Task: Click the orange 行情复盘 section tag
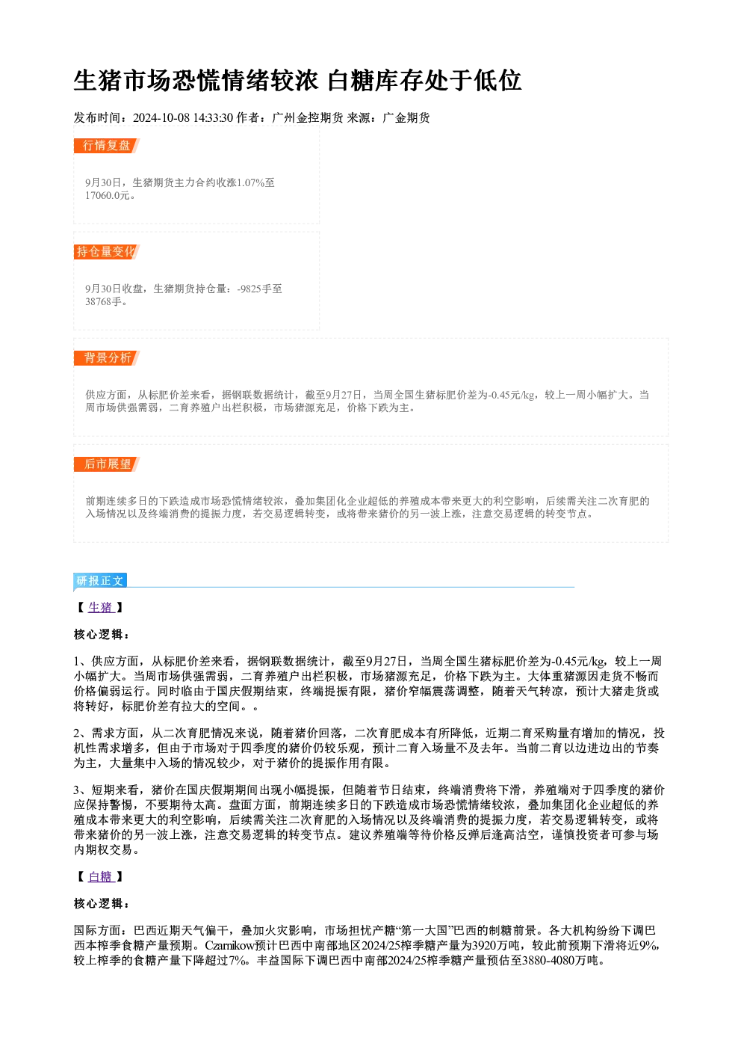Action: tap(106, 146)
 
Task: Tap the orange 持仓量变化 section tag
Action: tap(106, 252)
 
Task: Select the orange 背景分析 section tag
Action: tap(106, 358)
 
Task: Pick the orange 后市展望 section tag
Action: tap(106, 464)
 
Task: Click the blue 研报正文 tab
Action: tap(100, 581)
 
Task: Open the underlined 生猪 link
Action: tap(101, 607)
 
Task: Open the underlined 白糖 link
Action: tap(101, 877)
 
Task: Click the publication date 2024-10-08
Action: tap(161, 117)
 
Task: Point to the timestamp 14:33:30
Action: tap(213, 117)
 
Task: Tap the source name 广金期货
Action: tap(406, 117)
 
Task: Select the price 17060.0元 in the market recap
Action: tap(108, 195)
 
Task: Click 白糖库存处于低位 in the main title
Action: tap(424, 81)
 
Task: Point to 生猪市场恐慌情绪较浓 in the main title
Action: tap(196, 81)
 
